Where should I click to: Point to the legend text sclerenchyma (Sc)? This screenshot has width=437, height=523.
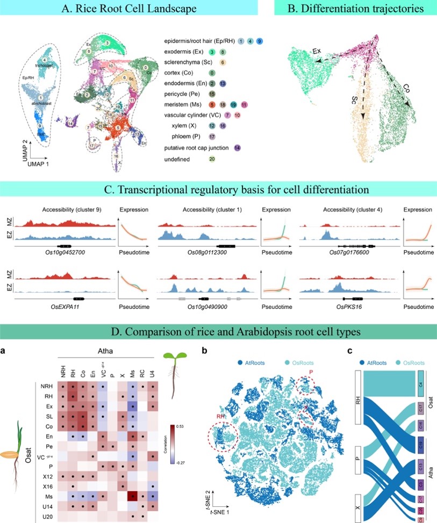[x=188, y=63]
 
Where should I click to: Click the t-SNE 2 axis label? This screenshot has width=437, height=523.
[x=211, y=495]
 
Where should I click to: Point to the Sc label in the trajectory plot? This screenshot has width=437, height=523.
[x=353, y=101]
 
